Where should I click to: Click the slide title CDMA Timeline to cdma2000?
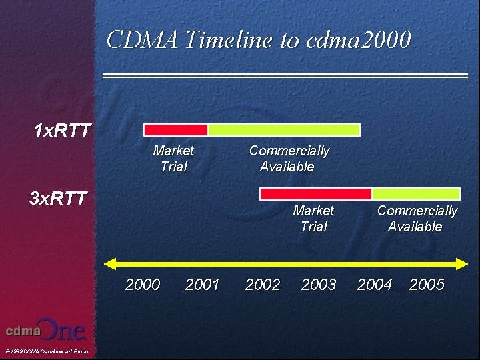(259, 40)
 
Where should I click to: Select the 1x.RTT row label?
(63, 130)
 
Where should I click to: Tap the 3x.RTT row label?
(58, 198)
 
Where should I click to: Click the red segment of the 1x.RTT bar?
(176, 130)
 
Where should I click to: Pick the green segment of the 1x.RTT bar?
(284, 130)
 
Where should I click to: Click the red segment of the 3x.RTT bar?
(315, 194)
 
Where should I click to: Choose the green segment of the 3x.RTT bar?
(416, 194)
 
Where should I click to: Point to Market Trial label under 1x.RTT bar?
(173, 159)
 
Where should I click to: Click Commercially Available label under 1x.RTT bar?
(288, 159)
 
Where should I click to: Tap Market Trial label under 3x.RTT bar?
(313, 219)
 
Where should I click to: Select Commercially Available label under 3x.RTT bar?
(417, 219)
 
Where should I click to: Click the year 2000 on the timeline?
(143, 285)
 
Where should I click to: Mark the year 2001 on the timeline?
(202, 285)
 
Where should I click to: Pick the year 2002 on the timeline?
(263, 285)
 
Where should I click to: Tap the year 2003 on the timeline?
(319, 285)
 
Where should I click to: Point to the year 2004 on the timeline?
(375, 285)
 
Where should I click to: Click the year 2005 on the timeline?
(427, 285)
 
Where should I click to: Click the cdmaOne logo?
(46, 330)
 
